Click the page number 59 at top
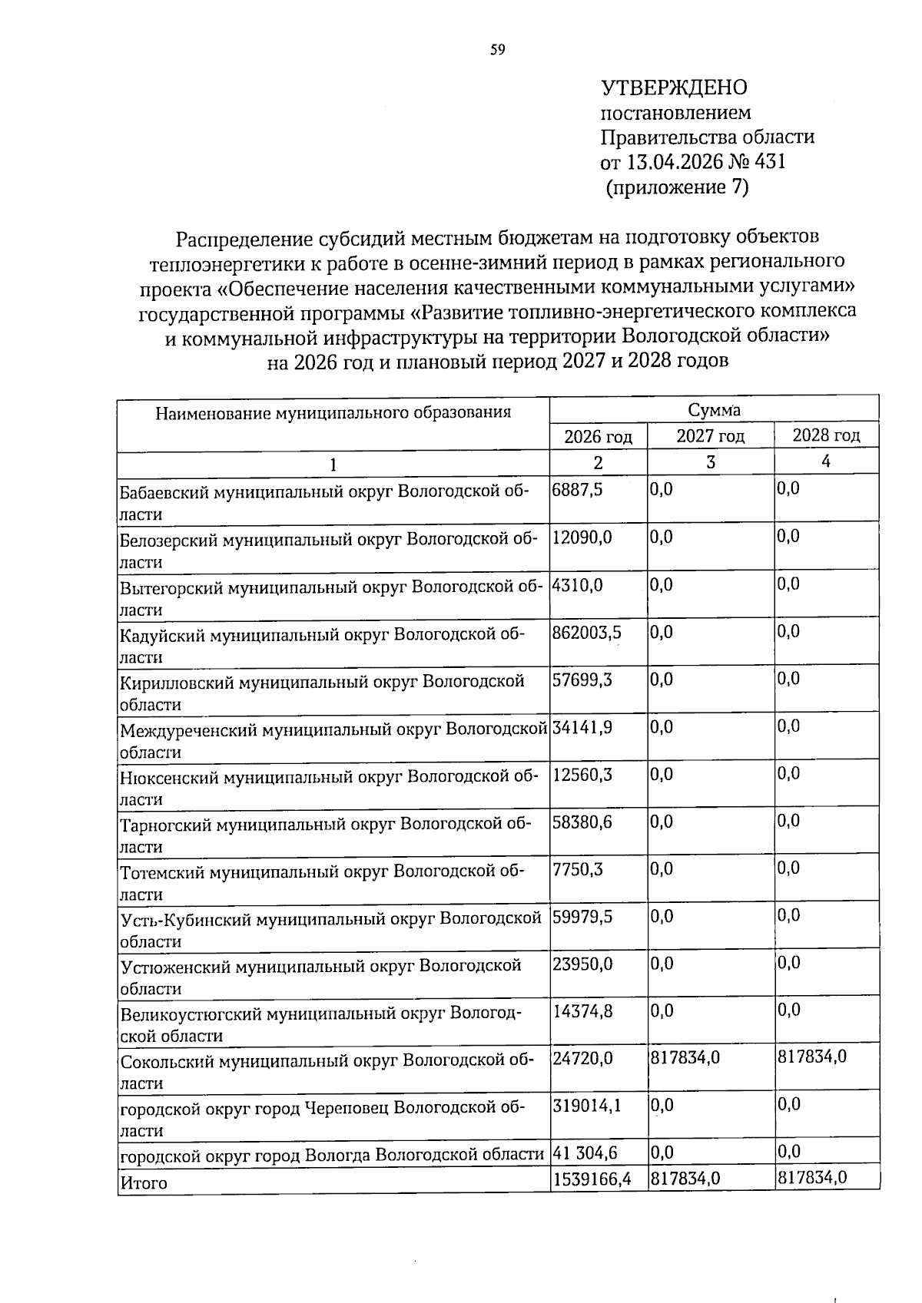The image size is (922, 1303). [498, 51]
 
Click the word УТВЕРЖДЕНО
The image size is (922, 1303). [673, 88]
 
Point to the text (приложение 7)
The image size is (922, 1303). [677, 187]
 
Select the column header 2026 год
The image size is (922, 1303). [598, 438]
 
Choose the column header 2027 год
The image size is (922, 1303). [710, 437]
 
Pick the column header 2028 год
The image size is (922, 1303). [826, 436]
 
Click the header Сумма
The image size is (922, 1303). [714, 411]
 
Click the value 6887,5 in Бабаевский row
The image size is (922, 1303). [577, 489]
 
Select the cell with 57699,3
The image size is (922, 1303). [582, 680]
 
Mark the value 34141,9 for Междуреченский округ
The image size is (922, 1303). [582, 726]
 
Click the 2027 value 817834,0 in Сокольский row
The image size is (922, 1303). [685, 1058]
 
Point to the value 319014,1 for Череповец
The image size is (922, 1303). [586, 1105]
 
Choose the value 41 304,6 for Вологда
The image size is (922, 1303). [585, 1153]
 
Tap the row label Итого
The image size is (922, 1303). [144, 1183]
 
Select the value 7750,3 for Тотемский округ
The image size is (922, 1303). [577, 868]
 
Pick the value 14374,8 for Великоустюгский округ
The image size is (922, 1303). [582, 1010]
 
